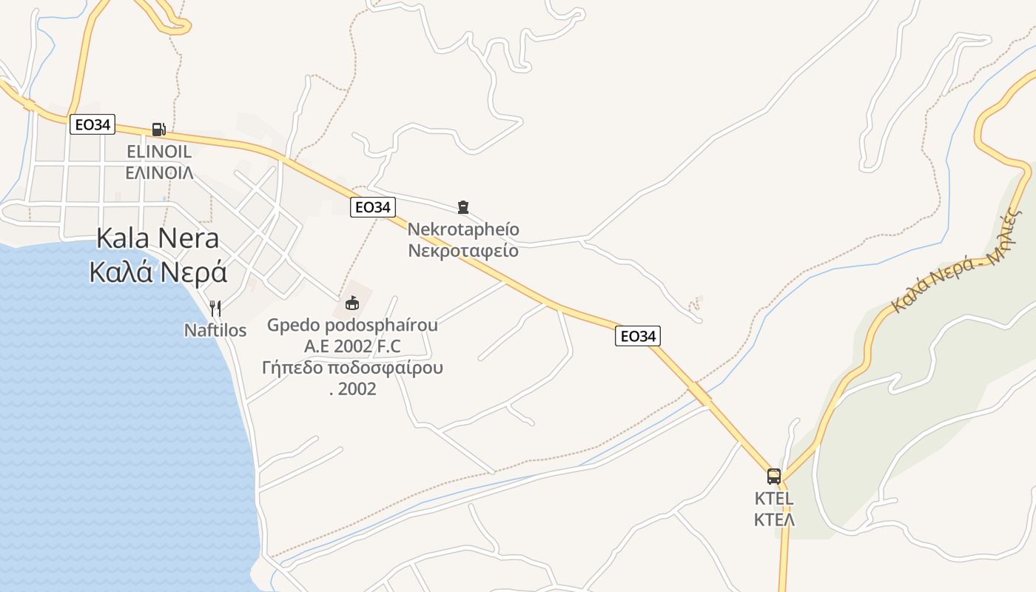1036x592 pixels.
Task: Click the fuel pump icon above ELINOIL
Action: pyautogui.click(x=158, y=129)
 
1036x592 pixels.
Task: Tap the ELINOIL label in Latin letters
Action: pyautogui.click(x=159, y=152)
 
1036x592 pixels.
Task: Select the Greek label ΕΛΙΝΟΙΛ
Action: pyautogui.click(x=159, y=173)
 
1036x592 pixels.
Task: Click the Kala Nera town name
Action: pyautogui.click(x=158, y=238)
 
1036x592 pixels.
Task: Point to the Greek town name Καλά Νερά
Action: pyautogui.click(x=158, y=272)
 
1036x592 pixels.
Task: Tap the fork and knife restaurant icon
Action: pyautogui.click(x=215, y=308)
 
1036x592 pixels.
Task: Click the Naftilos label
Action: pyautogui.click(x=215, y=330)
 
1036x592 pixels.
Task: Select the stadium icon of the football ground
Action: pyautogui.click(x=352, y=303)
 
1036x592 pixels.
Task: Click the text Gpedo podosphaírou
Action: pyautogui.click(x=352, y=326)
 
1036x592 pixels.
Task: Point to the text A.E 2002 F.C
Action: pyautogui.click(x=352, y=346)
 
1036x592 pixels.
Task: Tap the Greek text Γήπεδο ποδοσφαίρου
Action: pyautogui.click(x=352, y=368)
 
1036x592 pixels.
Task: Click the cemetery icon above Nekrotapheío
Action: pyautogui.click(x=463, y=207)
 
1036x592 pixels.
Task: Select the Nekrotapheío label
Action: pyautogui.click(x=463, y=229)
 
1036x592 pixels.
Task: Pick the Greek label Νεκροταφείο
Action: pyautogui.click(x=463, y=251)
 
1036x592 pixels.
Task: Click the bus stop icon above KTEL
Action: pyautogui.click(x=774, y=476)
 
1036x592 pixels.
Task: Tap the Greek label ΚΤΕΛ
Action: pyautogui.click(x=774, y=519)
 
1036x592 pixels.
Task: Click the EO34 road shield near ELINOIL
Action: pyautogui.click(x=92, y=124)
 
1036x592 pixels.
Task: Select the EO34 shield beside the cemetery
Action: pyautogui.click(x=372, y=207)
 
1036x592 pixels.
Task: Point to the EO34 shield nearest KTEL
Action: pyautogui.click(x=637, y=337)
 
